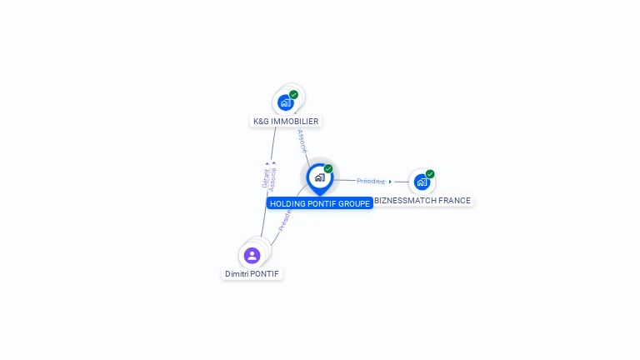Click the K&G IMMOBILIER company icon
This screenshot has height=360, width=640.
286,102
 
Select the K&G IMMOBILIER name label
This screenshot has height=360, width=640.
286,121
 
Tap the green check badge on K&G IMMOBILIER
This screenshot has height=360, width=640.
294,95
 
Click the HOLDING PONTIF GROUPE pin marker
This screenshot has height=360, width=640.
319,177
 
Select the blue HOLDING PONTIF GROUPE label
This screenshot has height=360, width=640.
319,203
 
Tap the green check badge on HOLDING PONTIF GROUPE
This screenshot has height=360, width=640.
328,169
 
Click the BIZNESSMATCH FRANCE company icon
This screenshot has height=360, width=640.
422,182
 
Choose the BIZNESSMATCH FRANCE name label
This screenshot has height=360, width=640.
422,201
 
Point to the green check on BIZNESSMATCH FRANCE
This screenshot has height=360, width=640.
430,174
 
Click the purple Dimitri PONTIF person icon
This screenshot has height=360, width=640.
252,255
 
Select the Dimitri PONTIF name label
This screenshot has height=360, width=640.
252,273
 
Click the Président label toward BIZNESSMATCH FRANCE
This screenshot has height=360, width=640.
370,181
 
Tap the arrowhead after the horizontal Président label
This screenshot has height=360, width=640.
390,181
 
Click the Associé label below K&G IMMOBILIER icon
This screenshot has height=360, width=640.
302,141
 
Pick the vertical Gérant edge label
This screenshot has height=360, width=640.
265,179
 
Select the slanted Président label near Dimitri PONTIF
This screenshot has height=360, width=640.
285,219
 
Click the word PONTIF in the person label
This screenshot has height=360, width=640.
265,273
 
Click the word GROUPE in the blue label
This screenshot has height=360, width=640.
353,203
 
